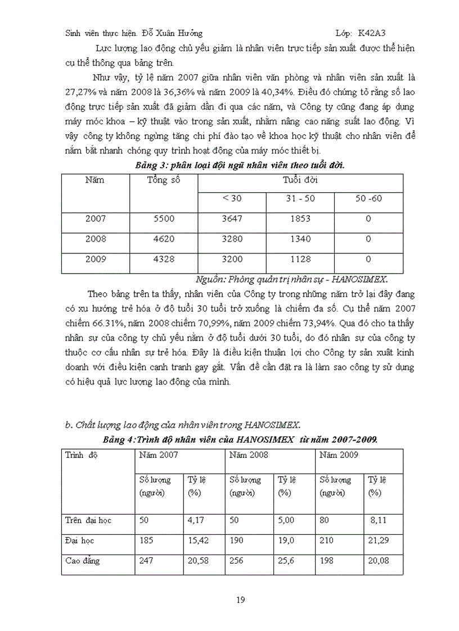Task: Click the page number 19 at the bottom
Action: click(240, 600)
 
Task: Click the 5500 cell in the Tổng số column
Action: click(164, 219)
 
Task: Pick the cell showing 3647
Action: click(232, 219)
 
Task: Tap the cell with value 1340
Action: click(300, 239)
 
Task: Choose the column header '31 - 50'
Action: click(300, 199)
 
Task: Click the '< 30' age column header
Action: click(232, 199)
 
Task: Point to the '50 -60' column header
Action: click(368, 199)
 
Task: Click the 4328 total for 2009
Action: click(164, 259)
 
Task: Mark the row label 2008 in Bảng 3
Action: click(96, 239)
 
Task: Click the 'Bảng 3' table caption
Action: click(240, 165)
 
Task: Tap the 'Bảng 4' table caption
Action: click(240, 440)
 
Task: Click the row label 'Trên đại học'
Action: click(89, 520)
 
